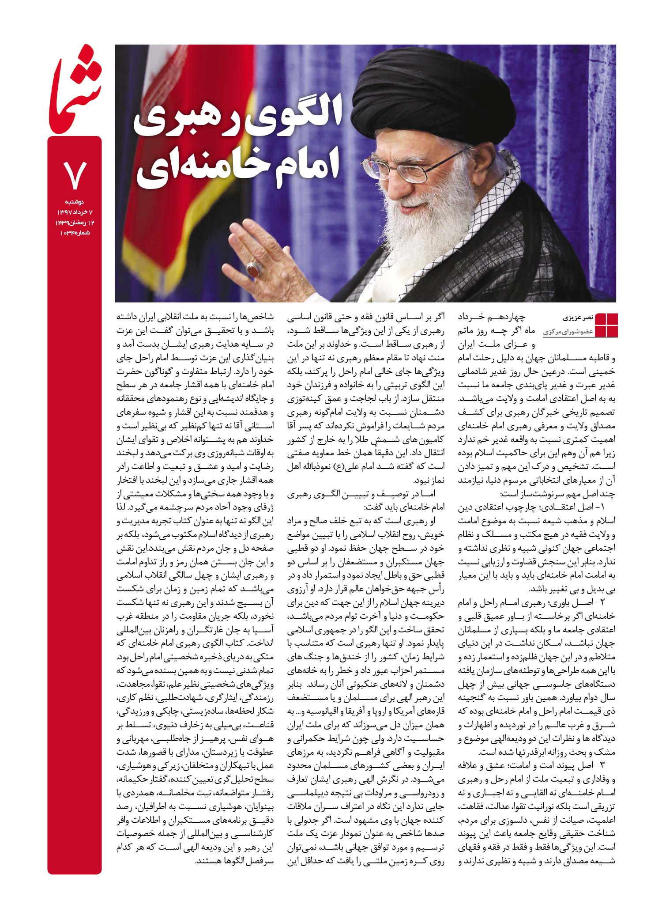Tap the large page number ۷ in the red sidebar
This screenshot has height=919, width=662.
pyautogui.click(x=75, y=174)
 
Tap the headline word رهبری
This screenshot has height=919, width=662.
pyautogui.click(x=184, y=118)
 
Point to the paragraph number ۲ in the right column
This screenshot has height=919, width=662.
pyautogui.click(x=601, y=602)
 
